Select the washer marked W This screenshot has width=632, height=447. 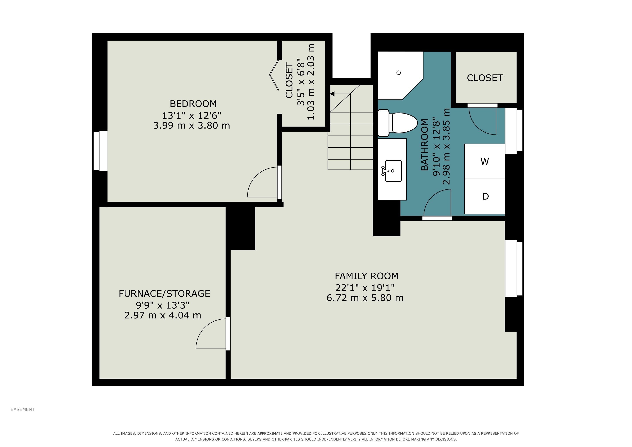pos(484,161)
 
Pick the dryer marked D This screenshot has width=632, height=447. pos(484,196)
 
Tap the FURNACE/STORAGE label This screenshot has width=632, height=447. pos(164,294)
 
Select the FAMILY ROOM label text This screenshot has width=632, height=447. pos(366,276)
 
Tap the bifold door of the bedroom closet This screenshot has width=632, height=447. pos(274,75)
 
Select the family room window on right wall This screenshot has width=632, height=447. pos(514,268)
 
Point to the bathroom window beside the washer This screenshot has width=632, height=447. pos(514,131)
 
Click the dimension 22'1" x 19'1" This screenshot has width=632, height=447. pos(365,288)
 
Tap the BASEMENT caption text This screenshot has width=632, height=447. pos(22,409)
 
